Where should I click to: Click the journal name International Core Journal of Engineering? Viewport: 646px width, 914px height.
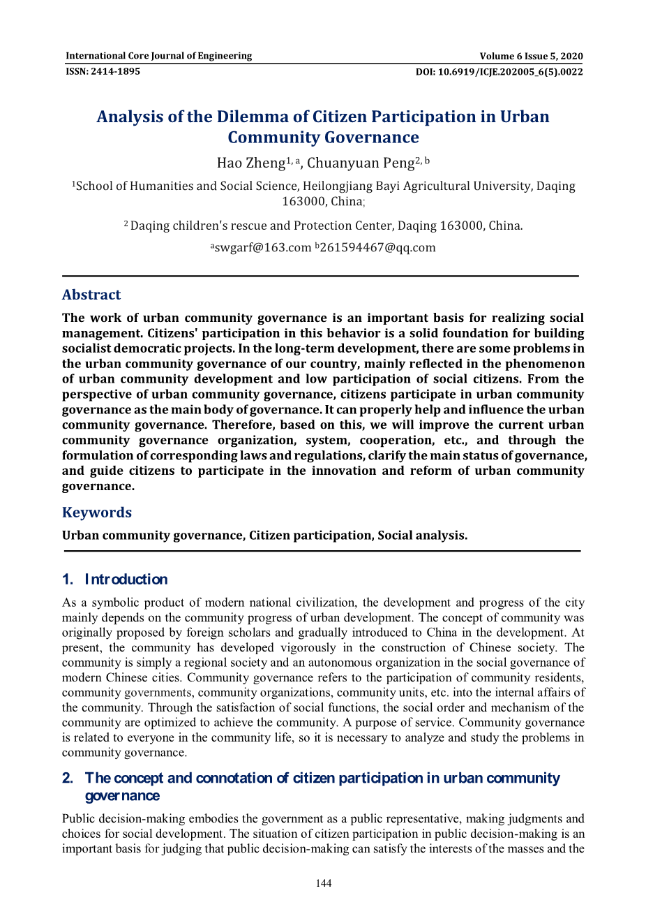click(158, 56)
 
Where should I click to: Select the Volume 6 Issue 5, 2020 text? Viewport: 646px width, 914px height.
click(531, 57)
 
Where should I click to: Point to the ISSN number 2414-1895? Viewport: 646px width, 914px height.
click(103, 71)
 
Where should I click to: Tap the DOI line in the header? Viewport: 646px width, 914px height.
click(499, 72)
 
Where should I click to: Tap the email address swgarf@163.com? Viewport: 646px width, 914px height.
click(262, 248)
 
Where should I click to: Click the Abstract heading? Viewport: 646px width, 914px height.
click(91, 295)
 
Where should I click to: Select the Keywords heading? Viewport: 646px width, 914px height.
click(97, 513)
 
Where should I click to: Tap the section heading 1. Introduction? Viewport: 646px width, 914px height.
click(115, 580)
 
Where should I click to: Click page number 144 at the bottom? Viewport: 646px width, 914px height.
click(323, 883)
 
